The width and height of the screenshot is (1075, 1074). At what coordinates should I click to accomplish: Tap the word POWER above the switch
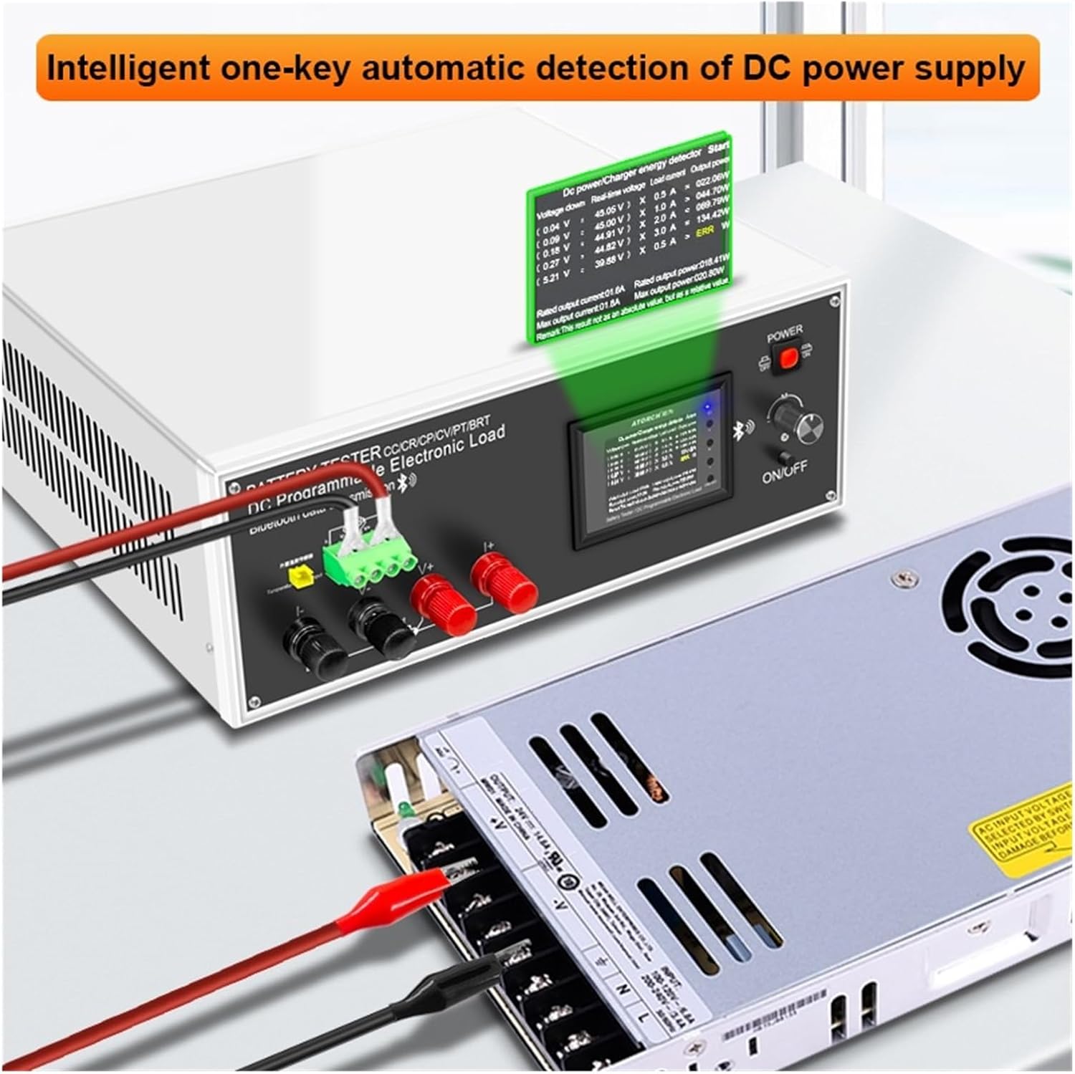[x=785, y=335]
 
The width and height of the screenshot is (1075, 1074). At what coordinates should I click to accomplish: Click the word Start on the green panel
[x=717, y=150]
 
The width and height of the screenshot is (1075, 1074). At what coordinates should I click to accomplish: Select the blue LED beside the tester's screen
[x=708, y=409]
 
